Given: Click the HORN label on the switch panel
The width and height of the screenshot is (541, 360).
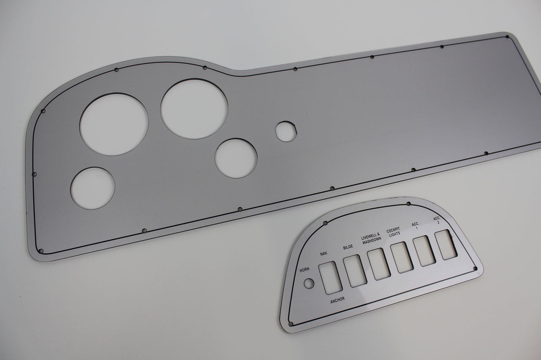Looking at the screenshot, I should [304, 270].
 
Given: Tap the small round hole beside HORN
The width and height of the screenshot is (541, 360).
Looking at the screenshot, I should [309, 283].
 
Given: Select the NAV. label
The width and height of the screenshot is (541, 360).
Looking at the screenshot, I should [324, 254].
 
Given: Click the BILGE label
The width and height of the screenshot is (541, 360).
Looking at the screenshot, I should [348, 247].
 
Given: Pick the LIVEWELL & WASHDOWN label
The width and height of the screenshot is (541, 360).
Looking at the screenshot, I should [371, 239].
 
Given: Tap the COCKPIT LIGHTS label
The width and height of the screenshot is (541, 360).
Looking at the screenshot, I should [394, 232].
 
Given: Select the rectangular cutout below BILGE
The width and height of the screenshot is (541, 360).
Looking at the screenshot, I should [355, 271].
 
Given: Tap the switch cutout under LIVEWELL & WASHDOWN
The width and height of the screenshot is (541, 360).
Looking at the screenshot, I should [379, 264].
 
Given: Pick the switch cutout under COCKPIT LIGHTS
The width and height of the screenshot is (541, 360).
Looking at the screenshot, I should [402, 258].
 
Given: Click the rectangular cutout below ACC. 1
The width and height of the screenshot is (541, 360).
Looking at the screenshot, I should [424, 251].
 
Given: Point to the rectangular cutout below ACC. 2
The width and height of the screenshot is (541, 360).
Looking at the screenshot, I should [446, 244].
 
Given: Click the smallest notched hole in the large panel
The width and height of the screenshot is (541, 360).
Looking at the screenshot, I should [286, 131].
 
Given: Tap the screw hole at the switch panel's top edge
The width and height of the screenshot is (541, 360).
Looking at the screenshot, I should [408, 204].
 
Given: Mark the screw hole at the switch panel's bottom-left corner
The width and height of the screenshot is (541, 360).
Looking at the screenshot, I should [291, 324].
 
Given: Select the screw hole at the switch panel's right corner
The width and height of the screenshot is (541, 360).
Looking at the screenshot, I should [475, 269].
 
